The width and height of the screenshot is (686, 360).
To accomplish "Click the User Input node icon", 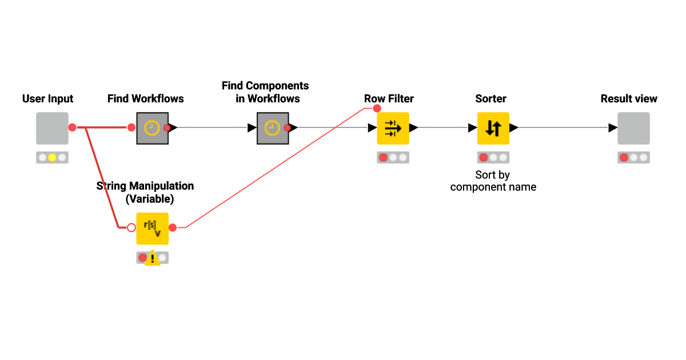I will point(52,128).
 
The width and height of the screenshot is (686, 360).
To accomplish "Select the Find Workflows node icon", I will point(152,128).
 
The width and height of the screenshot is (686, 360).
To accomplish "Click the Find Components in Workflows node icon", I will point(273,128).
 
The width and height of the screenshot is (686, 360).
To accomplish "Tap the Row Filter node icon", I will point(393,128).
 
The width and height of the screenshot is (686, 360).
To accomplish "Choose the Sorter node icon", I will point(493,128).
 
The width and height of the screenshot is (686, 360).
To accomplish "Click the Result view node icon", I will point(633,128).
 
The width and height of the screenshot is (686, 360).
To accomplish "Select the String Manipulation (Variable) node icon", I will point(152,228).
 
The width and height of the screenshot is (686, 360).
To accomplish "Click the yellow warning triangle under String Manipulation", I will point(152,258).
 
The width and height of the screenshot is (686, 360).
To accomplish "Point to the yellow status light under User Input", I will point(52,157).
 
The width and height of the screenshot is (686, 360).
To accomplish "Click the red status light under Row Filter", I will point(383,157).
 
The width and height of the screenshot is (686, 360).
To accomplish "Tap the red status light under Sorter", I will point(484,157).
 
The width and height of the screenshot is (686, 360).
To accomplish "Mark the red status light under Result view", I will point(624,157).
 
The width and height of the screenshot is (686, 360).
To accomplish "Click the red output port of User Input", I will point(72,127).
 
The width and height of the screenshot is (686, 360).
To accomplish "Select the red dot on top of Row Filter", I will point(377,108).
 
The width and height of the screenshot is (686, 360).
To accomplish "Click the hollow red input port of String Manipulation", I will point(131,227).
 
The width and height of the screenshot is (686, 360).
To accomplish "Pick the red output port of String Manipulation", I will point(173,227).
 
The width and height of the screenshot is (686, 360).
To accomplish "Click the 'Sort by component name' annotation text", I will point(493,181).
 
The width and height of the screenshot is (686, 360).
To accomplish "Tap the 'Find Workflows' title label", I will point(146,99).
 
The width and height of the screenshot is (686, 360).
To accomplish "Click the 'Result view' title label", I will point(629,99).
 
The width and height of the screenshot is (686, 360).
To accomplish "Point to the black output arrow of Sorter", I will point(514,128).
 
